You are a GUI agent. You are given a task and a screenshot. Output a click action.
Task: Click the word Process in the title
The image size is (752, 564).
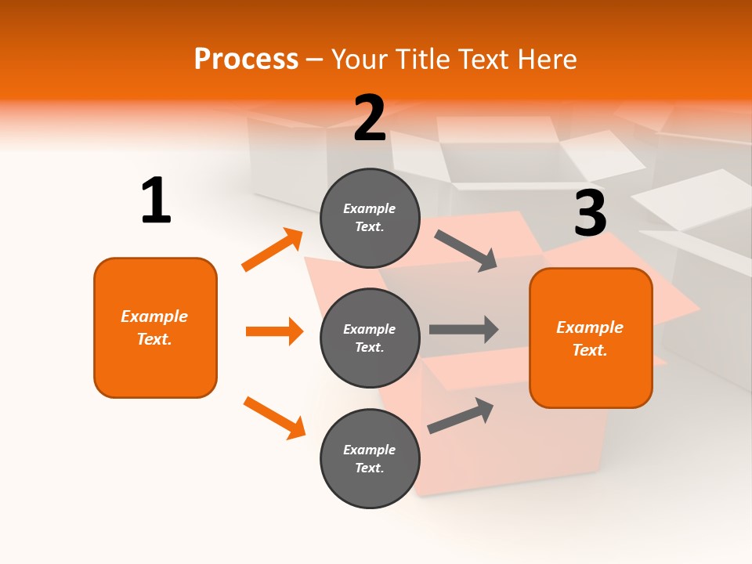point(246,60)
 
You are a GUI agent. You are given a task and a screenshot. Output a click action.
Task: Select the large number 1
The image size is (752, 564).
point(156,201)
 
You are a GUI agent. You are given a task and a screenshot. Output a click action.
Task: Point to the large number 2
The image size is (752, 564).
point(370,118)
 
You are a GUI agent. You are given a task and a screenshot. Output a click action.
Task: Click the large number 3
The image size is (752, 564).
point(590,213)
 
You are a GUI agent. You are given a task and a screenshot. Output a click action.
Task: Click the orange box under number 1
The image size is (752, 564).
point(155,327)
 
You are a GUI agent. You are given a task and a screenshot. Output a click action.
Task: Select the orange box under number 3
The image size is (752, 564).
point(591,338)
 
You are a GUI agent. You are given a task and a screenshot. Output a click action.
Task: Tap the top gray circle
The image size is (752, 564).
point(370,218)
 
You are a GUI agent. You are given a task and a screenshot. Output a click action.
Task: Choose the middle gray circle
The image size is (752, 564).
point(370,338)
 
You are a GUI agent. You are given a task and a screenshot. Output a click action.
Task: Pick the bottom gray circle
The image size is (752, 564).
point(370,458)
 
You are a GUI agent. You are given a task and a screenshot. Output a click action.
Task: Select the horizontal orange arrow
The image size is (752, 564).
point(274,331)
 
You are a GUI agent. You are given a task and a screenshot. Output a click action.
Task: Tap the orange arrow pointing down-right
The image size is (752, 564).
point(274,418)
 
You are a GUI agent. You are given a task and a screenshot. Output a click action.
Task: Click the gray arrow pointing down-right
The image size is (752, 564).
point(467,251)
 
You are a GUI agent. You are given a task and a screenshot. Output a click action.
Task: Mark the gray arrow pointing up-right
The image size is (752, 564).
point(461,415)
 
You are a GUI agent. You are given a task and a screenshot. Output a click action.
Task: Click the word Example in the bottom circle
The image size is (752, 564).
point(370,450)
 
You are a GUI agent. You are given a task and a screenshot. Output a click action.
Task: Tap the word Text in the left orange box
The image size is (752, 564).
point(154,339)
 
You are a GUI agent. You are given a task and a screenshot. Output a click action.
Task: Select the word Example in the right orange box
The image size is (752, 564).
point(590,327)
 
